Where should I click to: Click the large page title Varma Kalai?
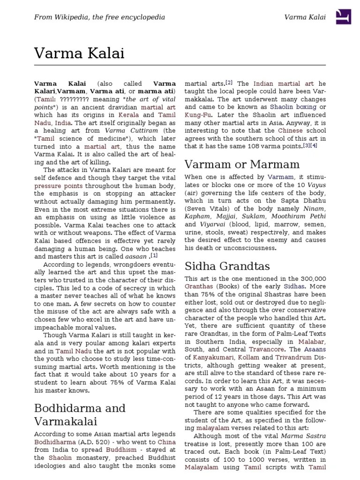79,53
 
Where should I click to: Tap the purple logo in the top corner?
344,17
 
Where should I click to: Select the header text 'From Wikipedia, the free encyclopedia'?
99,17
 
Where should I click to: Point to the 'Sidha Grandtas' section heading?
227,266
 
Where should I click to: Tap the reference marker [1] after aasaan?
154,255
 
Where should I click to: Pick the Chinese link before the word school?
291,130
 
